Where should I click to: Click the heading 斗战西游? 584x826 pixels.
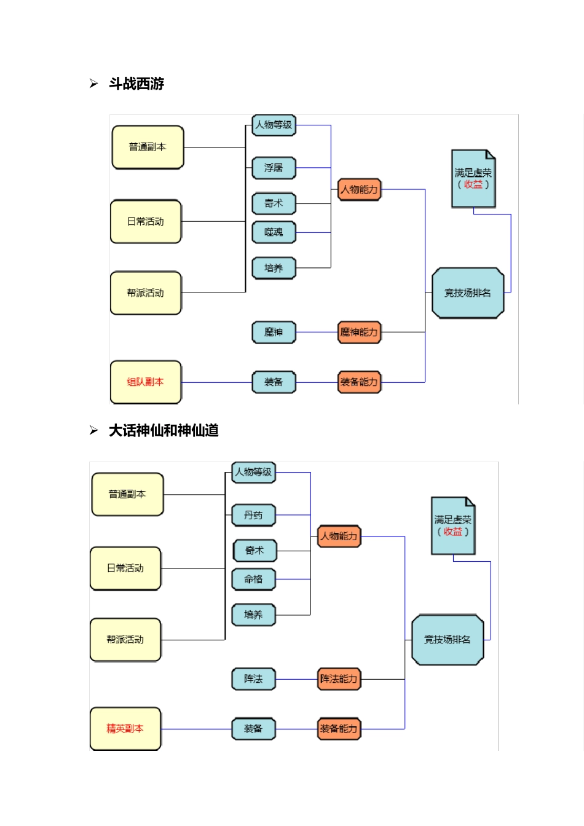coord(136,84)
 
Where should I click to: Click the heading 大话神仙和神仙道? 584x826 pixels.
coord(163,430)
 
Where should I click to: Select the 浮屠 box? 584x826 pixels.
coord(274,168)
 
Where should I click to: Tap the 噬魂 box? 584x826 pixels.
coord(274,232)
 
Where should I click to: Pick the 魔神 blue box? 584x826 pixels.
coord(274,332)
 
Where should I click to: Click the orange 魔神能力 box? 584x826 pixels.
coord(359,332)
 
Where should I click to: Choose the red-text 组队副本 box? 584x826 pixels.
coord(146,382)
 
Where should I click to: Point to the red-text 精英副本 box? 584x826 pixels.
coord(125,729)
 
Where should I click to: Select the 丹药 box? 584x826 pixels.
coord(253,515)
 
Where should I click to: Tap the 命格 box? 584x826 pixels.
coord(253,579)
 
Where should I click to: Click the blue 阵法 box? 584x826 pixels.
coord(253,679)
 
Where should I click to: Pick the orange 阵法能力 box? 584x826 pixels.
coord(339,679)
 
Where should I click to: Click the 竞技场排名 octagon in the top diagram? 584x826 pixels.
coord(468,293)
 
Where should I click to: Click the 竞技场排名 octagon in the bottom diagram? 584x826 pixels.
coord(448,640)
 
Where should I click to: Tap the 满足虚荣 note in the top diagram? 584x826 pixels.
coord(473,179)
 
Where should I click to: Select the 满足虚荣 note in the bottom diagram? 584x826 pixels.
coord(453,526)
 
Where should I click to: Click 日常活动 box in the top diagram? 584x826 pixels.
coord(146,222)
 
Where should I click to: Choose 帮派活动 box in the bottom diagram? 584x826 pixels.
coord(125,640)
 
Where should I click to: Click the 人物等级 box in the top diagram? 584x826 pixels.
coord(274,125)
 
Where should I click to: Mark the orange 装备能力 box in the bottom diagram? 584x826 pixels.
coord(339,729)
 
